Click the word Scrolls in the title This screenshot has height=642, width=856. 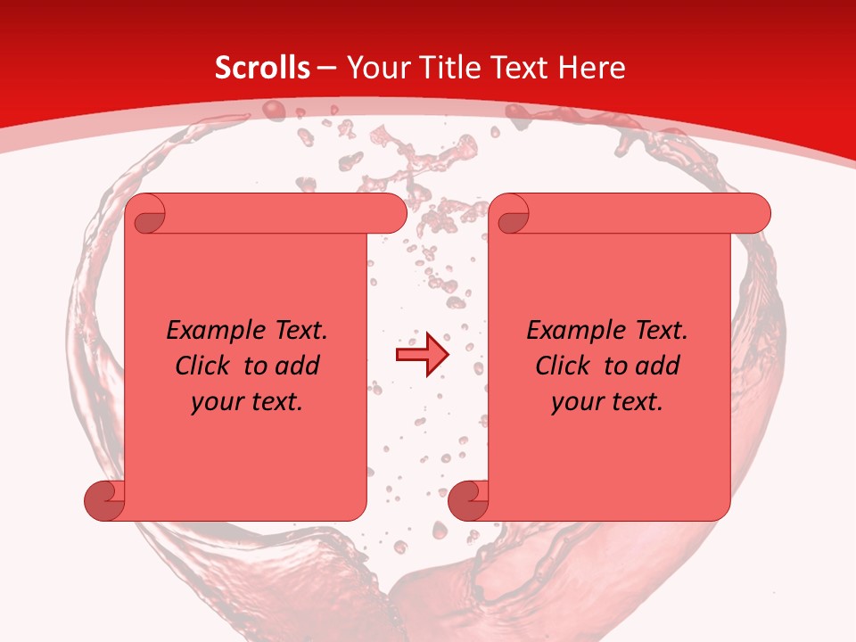tap(262, 68)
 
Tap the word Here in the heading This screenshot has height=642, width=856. tap(591, 68)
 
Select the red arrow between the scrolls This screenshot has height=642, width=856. tap(421, 355)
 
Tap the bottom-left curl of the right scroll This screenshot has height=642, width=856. tap(467, 501)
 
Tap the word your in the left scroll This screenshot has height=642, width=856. tap(217, 402)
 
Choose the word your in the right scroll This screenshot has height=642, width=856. tap(577, 402)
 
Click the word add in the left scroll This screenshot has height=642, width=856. tap(298, 366)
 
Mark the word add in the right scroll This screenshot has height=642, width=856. tap(658, 366)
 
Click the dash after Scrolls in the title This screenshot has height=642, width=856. tap(326, 69)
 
